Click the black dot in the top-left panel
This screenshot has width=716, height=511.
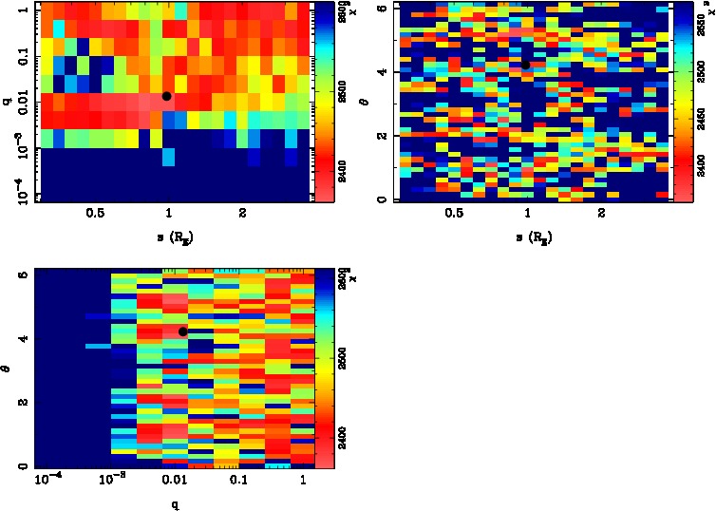167,96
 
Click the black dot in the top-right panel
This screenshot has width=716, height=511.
525,65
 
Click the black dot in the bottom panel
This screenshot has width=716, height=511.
182,331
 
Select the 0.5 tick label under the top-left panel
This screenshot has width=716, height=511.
94,213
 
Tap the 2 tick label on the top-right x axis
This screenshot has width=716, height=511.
601,213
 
